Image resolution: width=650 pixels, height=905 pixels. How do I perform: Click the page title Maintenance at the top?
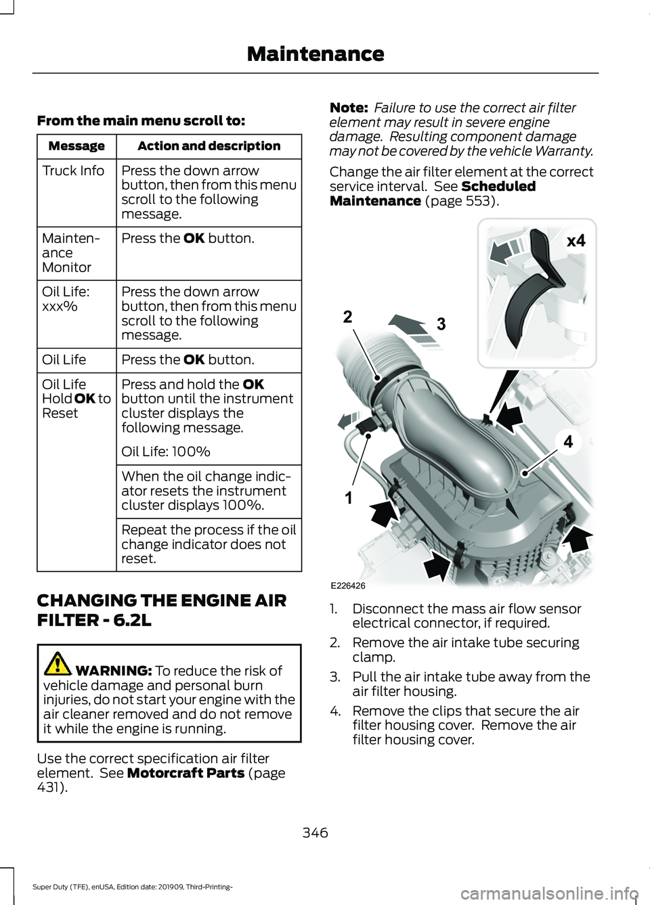[316, 54]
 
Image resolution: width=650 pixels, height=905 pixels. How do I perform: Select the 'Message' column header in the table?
[77, 146]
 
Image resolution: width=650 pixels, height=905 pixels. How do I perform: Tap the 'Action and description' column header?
[209, 146]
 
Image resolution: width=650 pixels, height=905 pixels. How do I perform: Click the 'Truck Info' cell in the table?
[73, 171]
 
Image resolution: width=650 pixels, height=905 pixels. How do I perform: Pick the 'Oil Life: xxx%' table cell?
[66, 299]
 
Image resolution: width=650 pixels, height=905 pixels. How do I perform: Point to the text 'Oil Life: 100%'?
[166, 451]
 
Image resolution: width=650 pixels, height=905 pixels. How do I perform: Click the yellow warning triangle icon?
[58, 663]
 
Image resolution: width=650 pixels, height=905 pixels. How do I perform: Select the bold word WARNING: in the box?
[114, 671]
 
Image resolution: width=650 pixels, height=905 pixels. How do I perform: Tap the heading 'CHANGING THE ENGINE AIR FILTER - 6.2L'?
[162, 610]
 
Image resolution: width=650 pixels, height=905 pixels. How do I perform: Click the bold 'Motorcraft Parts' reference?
[186, 773]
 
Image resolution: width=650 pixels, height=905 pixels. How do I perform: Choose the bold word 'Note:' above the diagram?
[349, 108]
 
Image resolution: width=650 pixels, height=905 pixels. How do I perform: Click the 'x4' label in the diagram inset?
[576, 241]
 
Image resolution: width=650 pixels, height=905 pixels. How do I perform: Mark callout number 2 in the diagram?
[347, 317]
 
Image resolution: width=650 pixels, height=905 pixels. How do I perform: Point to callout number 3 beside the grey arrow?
[441, 324]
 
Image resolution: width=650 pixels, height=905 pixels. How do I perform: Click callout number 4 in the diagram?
[568, 442]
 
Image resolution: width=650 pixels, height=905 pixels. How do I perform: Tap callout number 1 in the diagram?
[349, 498]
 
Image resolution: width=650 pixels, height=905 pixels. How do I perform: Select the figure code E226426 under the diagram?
[348, 586]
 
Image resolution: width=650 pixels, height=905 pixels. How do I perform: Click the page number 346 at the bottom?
[316, 833]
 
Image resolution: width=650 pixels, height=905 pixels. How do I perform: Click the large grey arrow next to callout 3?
[412, 326]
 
